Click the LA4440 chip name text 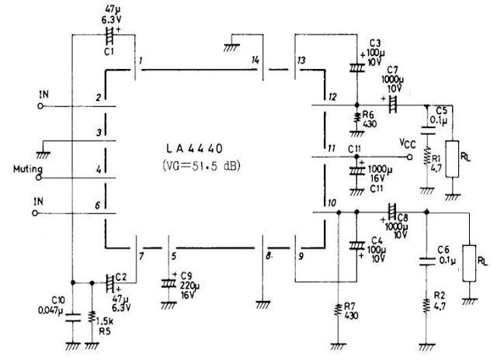[x=200, y=147]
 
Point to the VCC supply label [x=408, y=144]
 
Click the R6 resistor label [x=369, y=113]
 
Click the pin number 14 [x=255, y=60]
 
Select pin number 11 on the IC [x=331, y=147]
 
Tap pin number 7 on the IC [x=140, y=255]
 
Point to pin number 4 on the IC [x=99, y=168]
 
